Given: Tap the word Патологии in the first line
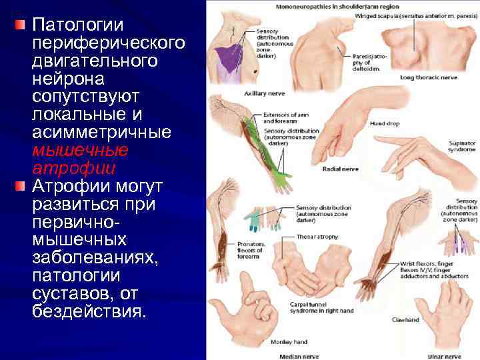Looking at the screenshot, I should point(78,25).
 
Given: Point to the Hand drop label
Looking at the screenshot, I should point(384,125).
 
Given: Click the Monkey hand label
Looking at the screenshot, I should point(287,341).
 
